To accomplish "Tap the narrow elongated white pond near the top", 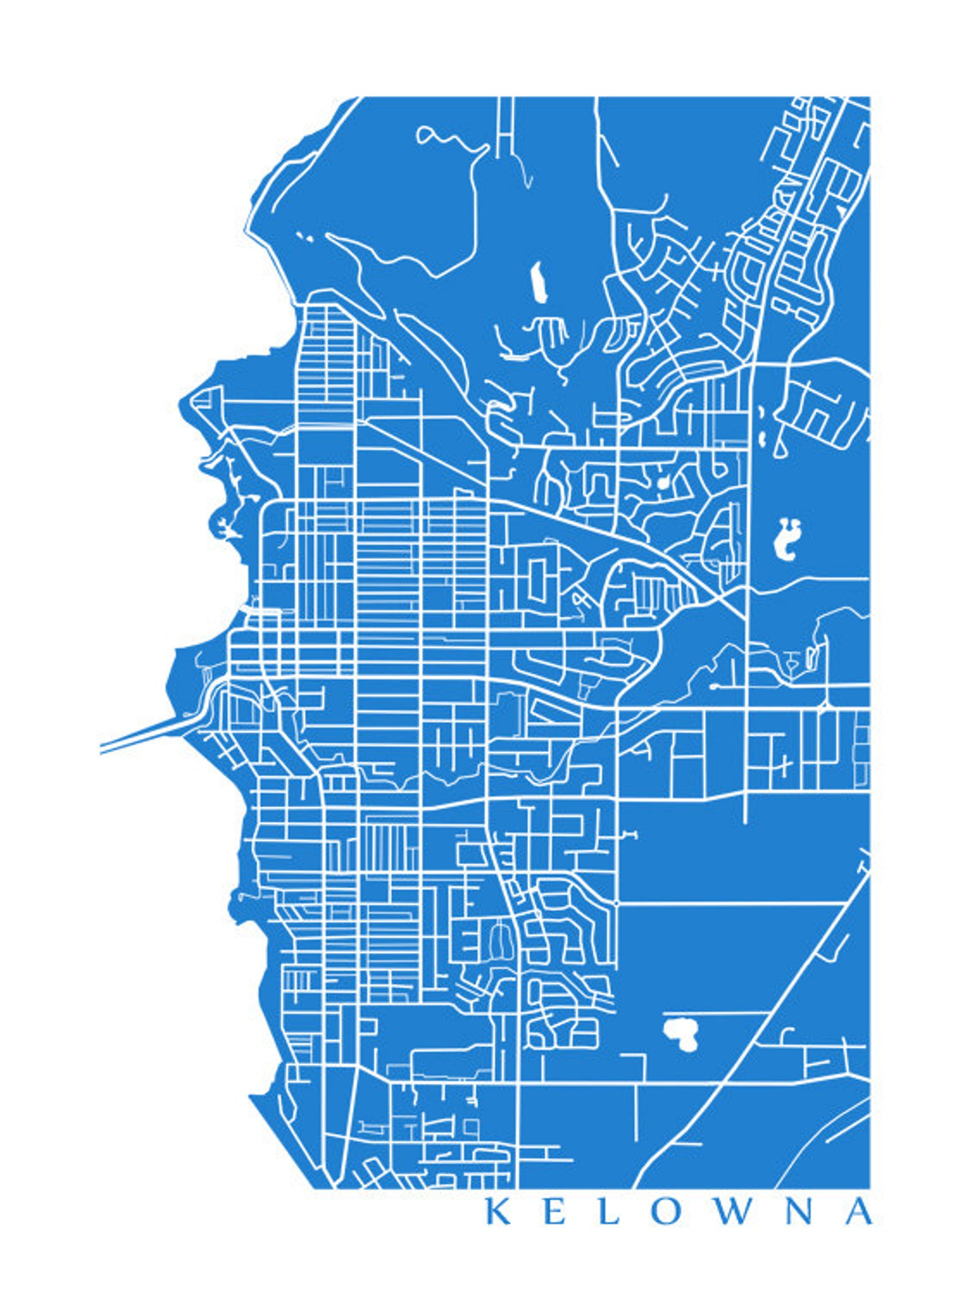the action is pyautogui.click(x=538, y=282).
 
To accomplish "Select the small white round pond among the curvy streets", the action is pyautogui.click(x=662, y=484).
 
